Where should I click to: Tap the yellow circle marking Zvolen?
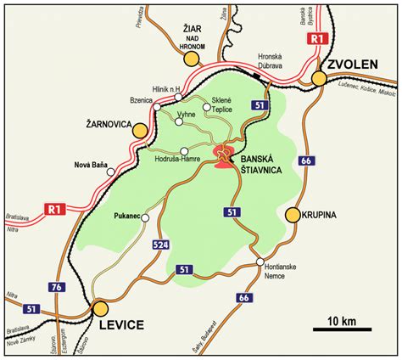(x=320, y=79)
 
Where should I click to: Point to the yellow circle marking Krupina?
(x=293, y=215)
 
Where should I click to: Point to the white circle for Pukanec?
(x=145, y=218)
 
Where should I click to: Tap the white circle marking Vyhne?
(x=178, y=121)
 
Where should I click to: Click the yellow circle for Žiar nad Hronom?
(x=193, y=59)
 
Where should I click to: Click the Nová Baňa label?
(x=91, y=164)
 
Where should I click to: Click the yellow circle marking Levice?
(x=101, y=308)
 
